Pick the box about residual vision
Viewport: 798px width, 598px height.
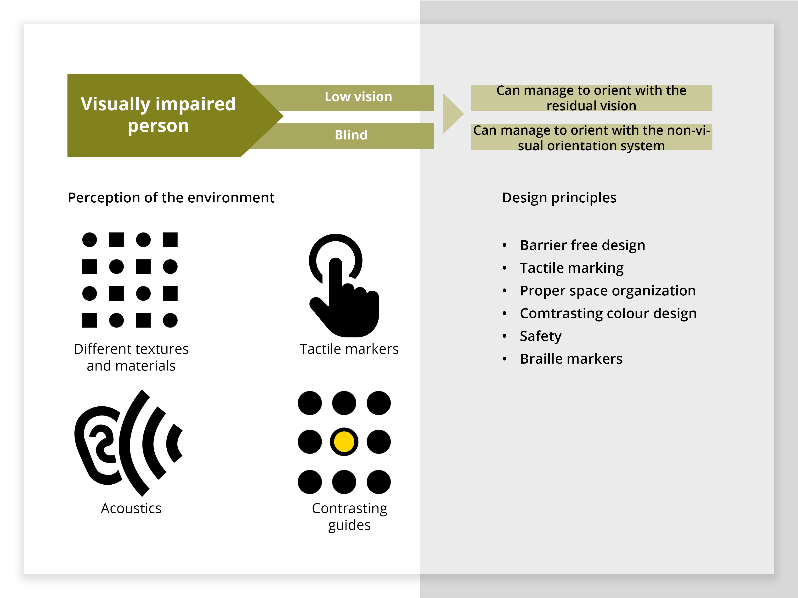tap(591, 98)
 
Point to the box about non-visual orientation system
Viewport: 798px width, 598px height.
tap(591, 137)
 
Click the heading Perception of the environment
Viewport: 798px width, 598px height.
tap(171, 198)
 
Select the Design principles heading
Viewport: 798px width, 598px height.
tap(559, 198)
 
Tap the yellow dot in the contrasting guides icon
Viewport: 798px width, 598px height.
tap(344, 442)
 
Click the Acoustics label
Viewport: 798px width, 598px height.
tap(131, 509)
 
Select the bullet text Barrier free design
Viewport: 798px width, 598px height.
tap(582, 245)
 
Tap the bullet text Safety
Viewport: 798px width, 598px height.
tap(540, 336)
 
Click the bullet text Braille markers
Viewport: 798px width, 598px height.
tap(571, 359)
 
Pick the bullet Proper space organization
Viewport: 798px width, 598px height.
tap(607, 291)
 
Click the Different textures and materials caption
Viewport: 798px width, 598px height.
tap(131, 357)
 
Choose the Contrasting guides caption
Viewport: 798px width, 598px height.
tap(349, 517)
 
